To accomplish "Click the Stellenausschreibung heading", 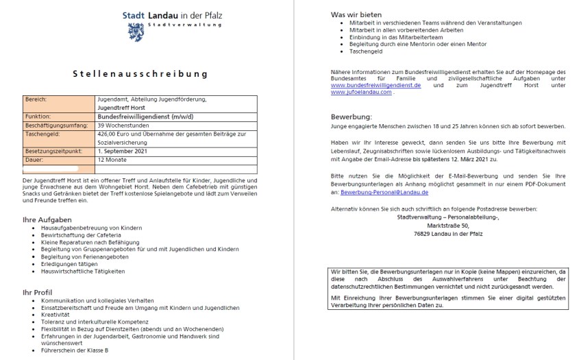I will pos(140,73).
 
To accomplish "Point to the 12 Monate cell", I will pos(114,159).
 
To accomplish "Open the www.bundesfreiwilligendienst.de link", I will pos(375,85).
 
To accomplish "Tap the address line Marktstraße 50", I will pos(448,225).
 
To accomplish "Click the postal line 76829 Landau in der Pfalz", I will pos(448,234).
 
